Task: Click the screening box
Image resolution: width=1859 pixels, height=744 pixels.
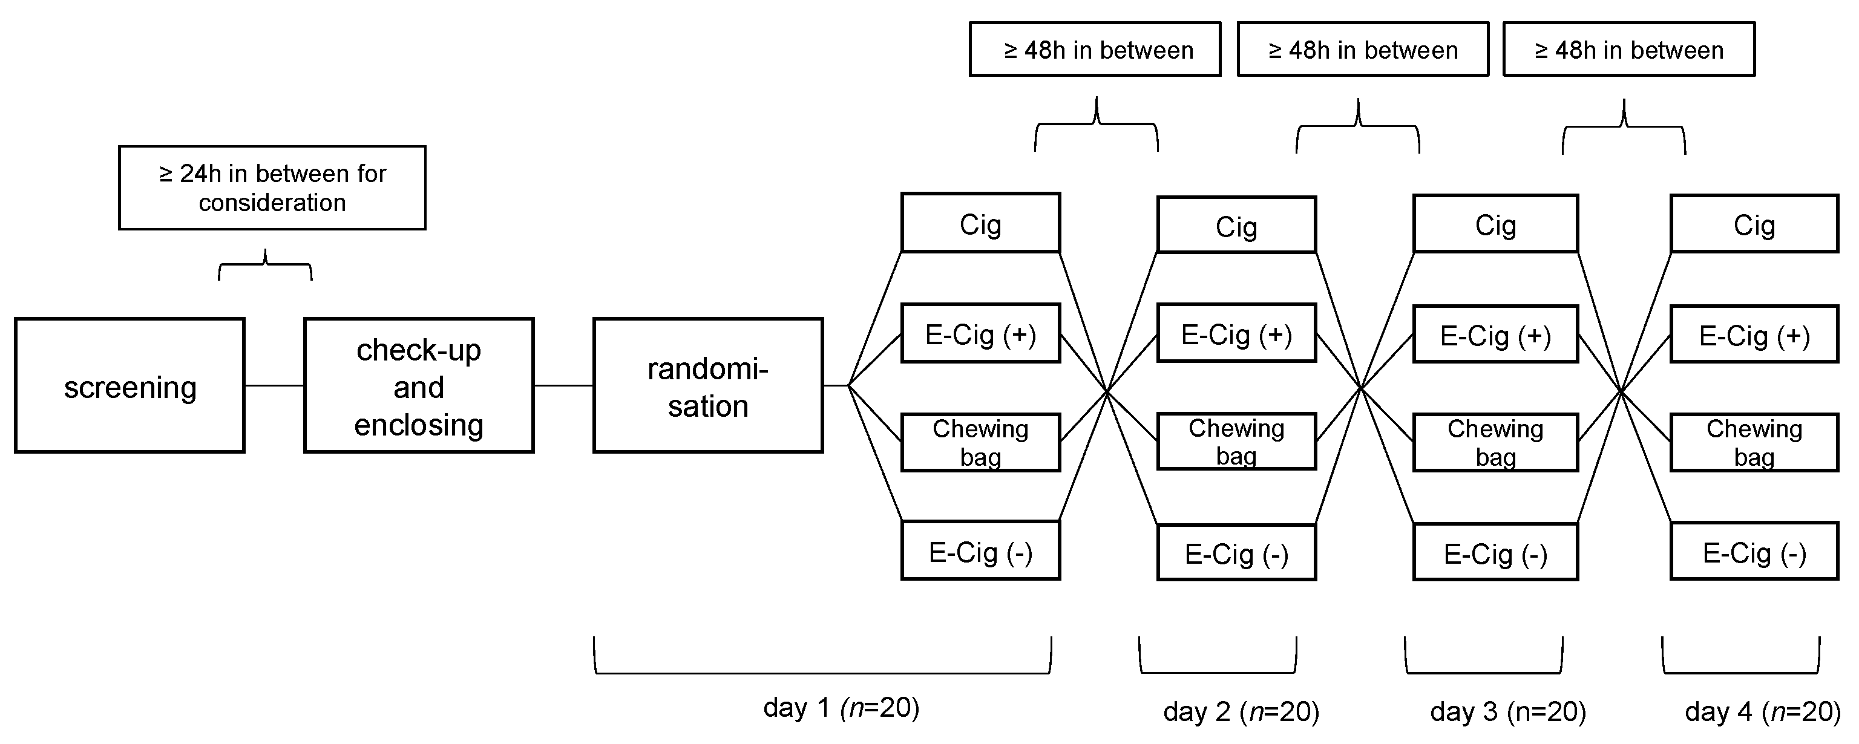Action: (130, 385)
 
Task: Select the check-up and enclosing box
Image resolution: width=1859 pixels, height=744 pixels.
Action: (419, 385)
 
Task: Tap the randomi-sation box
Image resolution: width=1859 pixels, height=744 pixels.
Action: (708, 385)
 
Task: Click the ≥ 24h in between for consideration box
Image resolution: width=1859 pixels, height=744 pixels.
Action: (272, 188)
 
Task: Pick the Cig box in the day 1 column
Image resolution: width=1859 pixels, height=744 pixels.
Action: (980, 223)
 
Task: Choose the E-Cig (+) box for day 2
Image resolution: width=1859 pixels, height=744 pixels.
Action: (1236, 333)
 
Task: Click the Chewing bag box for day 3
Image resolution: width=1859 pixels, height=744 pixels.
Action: (1495, 442)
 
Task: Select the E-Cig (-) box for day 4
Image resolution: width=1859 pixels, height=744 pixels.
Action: (1754, 553)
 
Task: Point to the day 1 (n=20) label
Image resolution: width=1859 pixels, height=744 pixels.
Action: (841, 707)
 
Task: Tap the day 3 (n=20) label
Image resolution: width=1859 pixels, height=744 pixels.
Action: (1507, 711)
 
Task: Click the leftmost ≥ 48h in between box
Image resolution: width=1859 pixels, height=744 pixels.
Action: (1095, 49)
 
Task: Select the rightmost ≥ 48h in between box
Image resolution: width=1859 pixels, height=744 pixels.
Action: (1629, 49)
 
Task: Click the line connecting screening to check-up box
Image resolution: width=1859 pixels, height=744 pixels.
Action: (274, 386)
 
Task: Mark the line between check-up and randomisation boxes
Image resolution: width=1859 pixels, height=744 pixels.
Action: (563, 386)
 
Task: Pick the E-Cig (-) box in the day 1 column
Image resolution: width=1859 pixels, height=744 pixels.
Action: (980, 550)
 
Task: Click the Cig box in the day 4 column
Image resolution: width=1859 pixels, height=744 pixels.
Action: (1754, 224)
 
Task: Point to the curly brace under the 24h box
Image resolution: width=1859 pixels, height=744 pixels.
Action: (266, 266)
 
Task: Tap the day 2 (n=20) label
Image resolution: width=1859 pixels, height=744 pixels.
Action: (1241, 711)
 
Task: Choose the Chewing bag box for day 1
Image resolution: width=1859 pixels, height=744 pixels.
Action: (980, 442)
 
